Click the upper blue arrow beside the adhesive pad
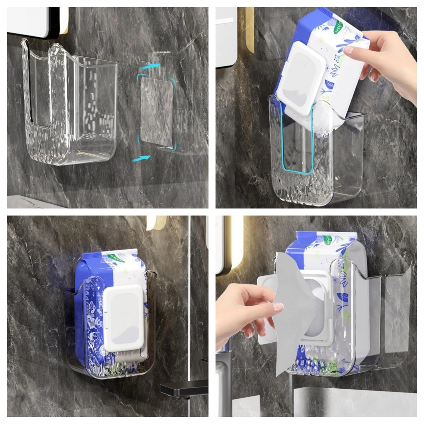150,65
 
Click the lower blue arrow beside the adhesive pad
141,158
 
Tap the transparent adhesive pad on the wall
157,112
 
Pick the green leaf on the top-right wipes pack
339,27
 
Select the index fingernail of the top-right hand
349,50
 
